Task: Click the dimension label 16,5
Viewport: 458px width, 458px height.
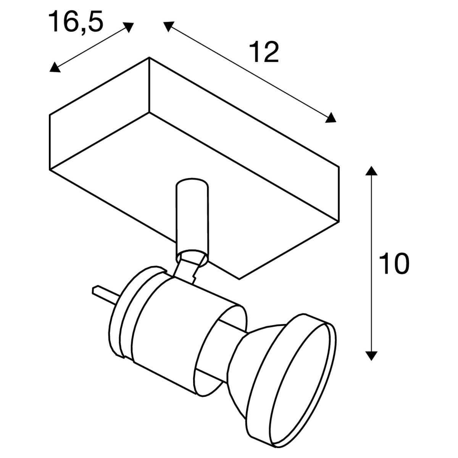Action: tap(76, 22)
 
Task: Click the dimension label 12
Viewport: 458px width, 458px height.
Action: tap(264, 52)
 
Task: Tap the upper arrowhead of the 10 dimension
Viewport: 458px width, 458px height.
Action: tap(371, 171)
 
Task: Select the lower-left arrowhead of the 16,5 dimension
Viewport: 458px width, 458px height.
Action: tap(54, 68)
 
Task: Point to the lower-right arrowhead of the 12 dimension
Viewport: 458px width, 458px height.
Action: tap(331, 118)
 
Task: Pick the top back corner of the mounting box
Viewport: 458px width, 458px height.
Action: tap(149, 57)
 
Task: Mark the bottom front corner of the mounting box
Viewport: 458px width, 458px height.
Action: tap(239, 279)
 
